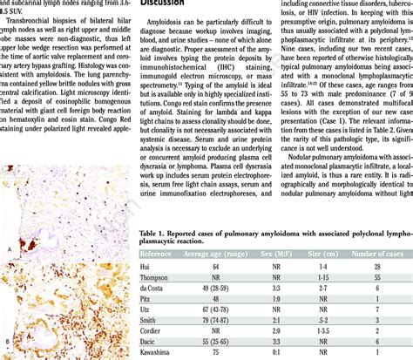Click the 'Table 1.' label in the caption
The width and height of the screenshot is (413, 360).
click(x=154, y=234)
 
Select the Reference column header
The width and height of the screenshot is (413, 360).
click(x=160, y=255)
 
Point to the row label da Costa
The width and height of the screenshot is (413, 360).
click(x=157, y=295)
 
